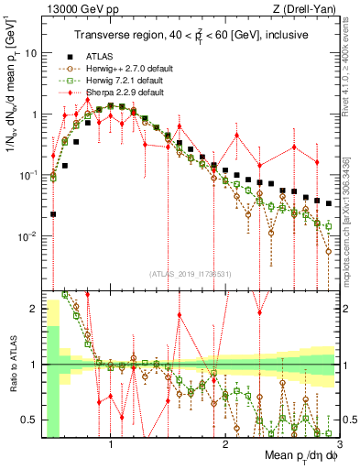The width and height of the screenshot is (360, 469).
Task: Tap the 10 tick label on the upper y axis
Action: click(29, 53)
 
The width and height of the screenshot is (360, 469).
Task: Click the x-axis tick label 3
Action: click(339, 445)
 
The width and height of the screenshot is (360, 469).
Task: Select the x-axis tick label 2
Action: click(225, 445)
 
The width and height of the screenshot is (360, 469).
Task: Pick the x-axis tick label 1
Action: click(111, 445)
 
